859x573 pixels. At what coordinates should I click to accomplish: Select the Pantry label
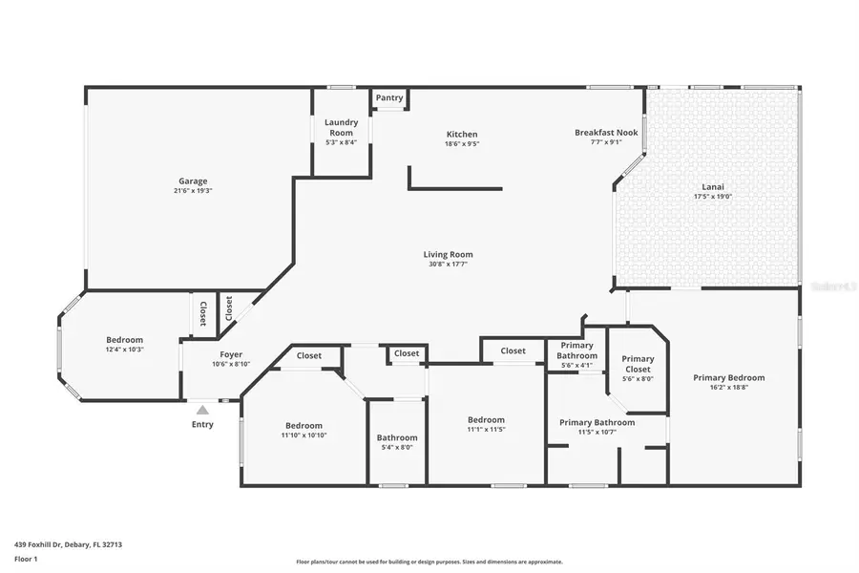pos(388,97)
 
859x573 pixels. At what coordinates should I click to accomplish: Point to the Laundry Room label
pos(340,127)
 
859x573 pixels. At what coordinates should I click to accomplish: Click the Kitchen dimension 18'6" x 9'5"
pos(462,144)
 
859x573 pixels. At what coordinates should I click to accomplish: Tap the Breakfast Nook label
pos(605,133)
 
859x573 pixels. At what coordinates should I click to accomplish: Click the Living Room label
pos(448,254)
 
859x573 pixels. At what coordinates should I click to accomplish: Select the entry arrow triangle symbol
pos(202,410)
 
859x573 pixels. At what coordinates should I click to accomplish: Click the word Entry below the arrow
pos(202,424)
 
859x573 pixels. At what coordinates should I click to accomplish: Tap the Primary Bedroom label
pos(728,377)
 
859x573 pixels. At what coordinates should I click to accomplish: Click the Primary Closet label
pos(638,364)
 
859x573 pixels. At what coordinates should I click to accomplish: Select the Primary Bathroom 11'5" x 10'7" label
pos(597,422)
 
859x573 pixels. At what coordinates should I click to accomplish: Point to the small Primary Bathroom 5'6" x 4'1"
pos(576,350)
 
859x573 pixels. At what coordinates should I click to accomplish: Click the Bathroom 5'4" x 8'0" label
pos(396,437)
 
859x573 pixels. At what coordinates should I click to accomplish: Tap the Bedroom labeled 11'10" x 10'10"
pos(304,425)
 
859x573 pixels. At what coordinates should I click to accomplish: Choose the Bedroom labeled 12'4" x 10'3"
pos(124,340)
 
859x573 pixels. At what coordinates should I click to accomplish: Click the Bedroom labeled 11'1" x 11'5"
pos(486,419)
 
